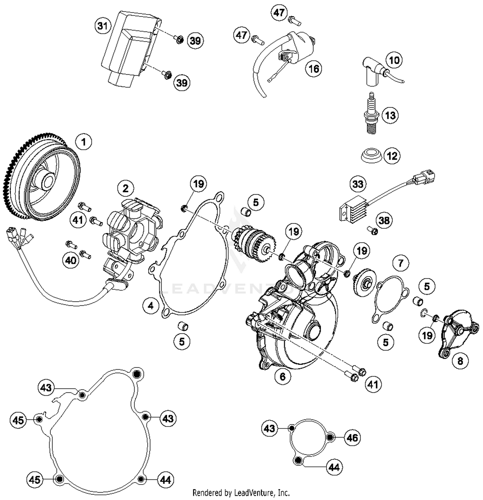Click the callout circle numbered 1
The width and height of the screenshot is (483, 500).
pyautogui.click(x=84, y=142)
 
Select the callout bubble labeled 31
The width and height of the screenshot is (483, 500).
pyautogui.click(x=103, y=25)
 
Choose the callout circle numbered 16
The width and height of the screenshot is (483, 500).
pyautogui.click(x=314, y=68)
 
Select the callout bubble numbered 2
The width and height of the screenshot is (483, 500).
pyautogui.click(x=125, y=188)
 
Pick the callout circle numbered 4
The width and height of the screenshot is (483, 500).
pyautogui.click(x=151, y=305)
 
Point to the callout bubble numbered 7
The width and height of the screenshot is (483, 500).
pyautogui.click(x=401, y=263)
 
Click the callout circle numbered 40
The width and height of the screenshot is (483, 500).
pyautogui.click(x=71, y=260)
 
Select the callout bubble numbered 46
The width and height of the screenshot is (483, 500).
pyautogui.click(x=352, y=438)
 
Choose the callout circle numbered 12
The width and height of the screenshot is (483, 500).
pyautogui.click(x=392, y=156)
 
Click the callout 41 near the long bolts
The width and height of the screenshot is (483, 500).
pyautogui.click(x=373, y=384)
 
